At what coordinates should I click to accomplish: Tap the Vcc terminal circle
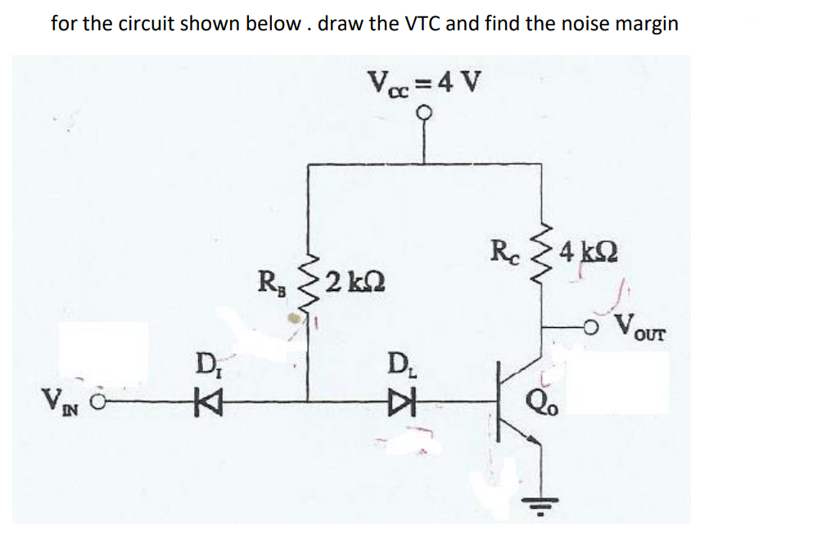[423, 116]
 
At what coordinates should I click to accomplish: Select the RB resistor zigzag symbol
[309, 287]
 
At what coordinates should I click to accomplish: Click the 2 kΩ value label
[351, 284]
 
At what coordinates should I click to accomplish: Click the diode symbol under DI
[200, 402]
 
